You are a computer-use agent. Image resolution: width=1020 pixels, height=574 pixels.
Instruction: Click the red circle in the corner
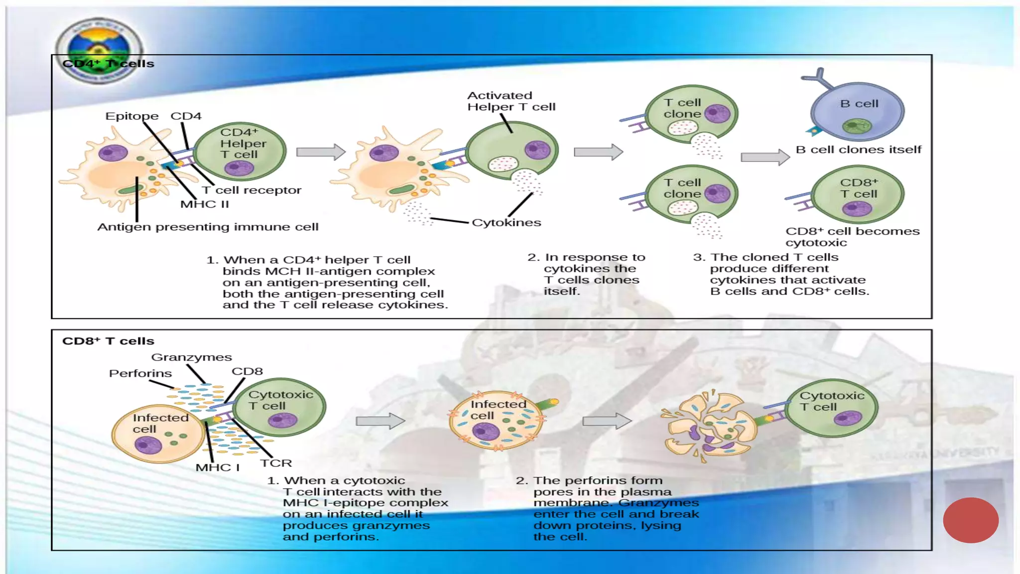tap(970, 520)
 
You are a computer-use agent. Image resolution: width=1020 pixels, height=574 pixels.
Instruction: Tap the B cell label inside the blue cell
tap(859, 104)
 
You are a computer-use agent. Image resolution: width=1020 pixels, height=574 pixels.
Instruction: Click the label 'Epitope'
tap(131, 116)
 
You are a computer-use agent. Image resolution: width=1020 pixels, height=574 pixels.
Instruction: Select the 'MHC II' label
tap(204, 204)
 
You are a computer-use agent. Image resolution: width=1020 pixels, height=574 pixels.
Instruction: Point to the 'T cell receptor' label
tap(252, 190)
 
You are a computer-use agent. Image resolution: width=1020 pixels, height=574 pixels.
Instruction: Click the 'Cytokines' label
tap(506, 223)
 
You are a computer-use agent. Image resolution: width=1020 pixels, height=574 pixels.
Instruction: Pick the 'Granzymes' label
tap(191, 357)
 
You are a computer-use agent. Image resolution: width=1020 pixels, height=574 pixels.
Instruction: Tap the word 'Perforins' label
tap(140, 374)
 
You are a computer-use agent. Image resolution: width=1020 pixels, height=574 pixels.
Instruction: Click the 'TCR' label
tap(276, 463)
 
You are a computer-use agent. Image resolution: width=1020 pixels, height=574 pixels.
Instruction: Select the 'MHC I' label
tap(217, 468)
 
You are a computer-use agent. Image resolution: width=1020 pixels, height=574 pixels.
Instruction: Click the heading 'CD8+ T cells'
tap(108, 341)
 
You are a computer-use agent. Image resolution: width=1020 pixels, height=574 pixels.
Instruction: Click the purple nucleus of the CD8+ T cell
tap(857, 208)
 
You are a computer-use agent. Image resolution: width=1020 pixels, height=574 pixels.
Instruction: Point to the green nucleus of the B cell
tap(857, 126)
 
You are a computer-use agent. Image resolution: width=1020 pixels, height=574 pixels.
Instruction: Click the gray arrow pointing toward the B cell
tap(765, 157)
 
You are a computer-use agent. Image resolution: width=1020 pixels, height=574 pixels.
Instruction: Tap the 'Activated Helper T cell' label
tap(510, 101)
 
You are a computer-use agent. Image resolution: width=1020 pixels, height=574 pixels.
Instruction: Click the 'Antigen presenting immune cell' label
tap(208, 227)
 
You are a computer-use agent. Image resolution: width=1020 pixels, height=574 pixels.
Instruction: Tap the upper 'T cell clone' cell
tap(691, 114)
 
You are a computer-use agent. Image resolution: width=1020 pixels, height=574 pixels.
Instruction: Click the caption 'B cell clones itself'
tap(858, 149)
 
